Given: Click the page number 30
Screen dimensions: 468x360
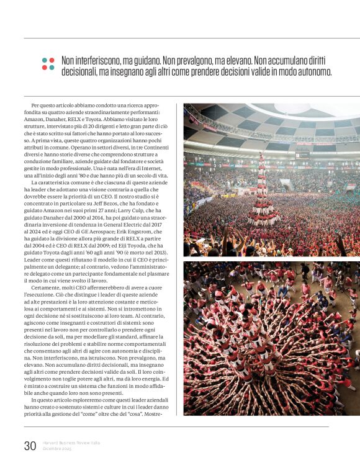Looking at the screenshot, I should point(30,445).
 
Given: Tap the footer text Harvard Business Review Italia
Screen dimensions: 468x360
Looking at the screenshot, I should point(71,443).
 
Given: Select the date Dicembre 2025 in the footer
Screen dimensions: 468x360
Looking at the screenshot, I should point(57,448).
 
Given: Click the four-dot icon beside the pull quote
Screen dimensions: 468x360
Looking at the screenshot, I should point(48,63).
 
